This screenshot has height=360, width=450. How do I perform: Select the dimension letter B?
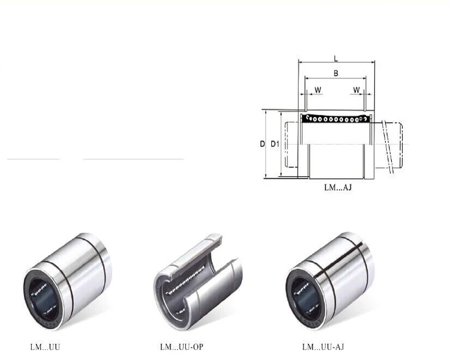tap(336, 73)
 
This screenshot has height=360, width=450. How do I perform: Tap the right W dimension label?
tap(357, 90)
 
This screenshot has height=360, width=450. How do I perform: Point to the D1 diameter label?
tap(275, 144)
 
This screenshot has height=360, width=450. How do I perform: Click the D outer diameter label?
tap(262, 144)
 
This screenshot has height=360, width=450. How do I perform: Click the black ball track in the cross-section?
tap(336, 119)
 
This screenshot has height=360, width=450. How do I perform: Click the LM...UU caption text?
tap(46, 347)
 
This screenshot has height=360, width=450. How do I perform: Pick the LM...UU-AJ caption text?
tap(323, 347)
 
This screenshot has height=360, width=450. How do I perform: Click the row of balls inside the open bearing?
tap(186, 275)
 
